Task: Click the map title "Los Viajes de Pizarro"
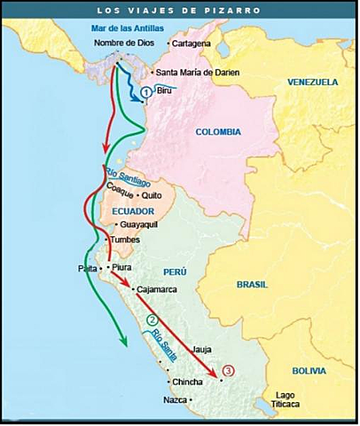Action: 179,11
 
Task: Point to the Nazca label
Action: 176,400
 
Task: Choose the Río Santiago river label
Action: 124,176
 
